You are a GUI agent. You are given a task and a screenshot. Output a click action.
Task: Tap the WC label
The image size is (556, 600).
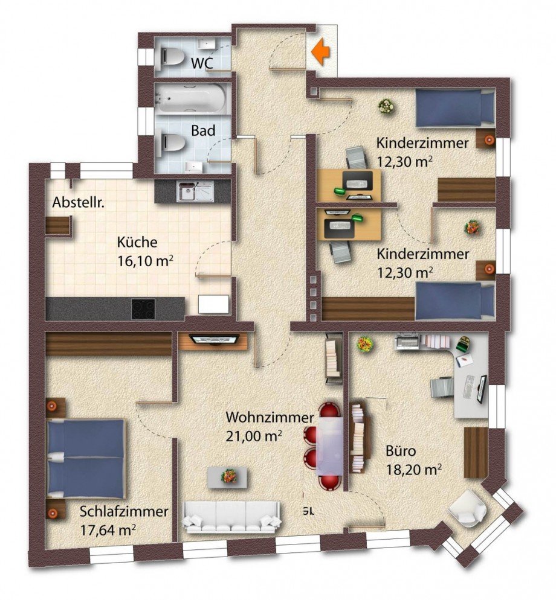point(202,63)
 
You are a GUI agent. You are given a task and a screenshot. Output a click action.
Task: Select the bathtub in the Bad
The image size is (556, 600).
point(190,98)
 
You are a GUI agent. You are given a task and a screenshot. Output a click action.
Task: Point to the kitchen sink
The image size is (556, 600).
point(195,191)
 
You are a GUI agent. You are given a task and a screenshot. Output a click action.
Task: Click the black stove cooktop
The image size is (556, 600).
point(143,308)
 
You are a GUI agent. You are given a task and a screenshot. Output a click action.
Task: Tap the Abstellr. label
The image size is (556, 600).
point(79,202)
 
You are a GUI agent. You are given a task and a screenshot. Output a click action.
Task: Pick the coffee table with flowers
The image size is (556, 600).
point(227,476)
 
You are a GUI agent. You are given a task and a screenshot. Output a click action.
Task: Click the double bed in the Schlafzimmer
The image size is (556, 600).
point(86,458)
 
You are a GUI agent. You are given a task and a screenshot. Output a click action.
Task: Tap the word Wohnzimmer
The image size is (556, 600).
point(270,417)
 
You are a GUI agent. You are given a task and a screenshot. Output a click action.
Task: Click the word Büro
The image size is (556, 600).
point(401,451)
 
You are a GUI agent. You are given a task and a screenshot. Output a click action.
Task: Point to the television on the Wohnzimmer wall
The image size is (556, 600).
point(214,339)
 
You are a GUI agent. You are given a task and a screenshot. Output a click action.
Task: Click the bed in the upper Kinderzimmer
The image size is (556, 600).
point(455,107)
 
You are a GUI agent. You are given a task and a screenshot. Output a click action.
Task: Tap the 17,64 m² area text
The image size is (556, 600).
point(108,530)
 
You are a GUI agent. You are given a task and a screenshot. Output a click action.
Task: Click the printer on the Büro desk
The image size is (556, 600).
point(409,340)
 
